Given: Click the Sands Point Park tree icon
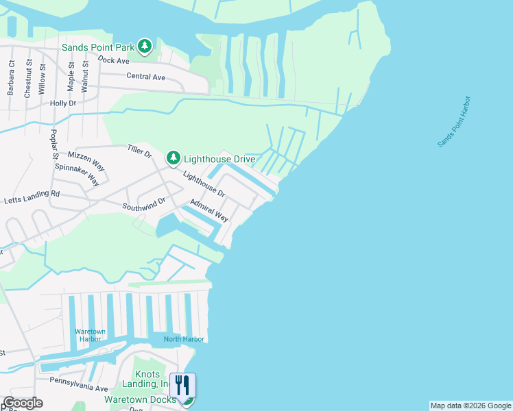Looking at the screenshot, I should (145, 47).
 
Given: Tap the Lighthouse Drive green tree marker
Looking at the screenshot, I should (174, 159).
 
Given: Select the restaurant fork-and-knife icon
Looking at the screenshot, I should (182, 385).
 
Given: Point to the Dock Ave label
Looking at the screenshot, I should (114, 60).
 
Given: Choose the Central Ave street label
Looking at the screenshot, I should (145, 77).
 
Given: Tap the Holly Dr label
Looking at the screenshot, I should (63, 103).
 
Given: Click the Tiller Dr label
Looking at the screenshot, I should (140, 151).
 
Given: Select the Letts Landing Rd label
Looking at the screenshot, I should (32, 197).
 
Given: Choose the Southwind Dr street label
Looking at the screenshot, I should (144, 203).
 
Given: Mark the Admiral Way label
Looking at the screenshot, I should (209, 210).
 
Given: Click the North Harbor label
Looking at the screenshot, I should (184, 339).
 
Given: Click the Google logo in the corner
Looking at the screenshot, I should (22, 403).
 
